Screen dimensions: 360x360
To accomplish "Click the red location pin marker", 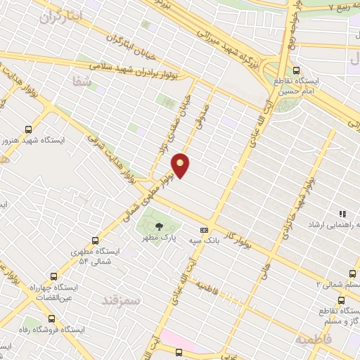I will tap(181, 165).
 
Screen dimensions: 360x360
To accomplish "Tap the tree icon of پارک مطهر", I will tap(159, 226).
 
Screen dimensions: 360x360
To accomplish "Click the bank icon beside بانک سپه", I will tap(205, 229).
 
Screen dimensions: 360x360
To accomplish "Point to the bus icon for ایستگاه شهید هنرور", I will tap(29, 129).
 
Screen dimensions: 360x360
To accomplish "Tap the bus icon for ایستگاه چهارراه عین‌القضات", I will tap(53, 277).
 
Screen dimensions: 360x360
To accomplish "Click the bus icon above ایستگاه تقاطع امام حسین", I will tap(296, 70).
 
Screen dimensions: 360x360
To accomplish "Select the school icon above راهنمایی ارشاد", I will tap(342, 214).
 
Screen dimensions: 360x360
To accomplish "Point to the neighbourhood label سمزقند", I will tap(122, 300).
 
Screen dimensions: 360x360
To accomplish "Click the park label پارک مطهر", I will tap(159, 238).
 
